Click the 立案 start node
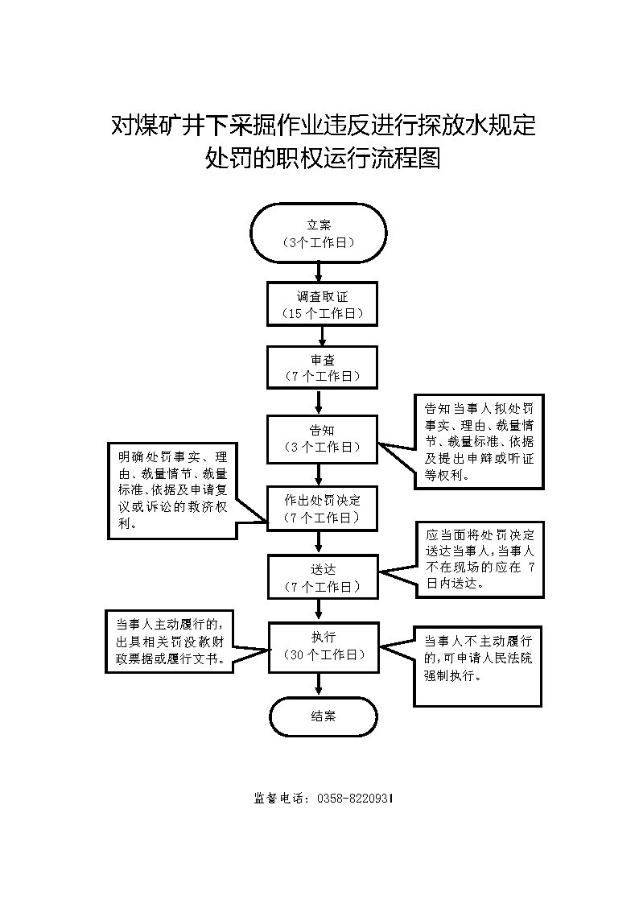(319, 233)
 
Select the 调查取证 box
(322, 304)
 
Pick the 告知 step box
(322, 438)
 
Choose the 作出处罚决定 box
(322, 508)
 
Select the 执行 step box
(322, 646)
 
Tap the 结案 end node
(322, 716)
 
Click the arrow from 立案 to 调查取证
(319, 272)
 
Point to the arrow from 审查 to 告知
(320, 401)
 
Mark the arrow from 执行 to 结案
(320, 683)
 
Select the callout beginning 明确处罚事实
(171, 489)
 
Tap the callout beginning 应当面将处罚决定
(480, 559)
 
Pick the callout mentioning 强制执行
(480, 665)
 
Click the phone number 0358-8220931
(355, 799)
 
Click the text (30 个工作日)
(322, 655)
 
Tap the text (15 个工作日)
(322, 313)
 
